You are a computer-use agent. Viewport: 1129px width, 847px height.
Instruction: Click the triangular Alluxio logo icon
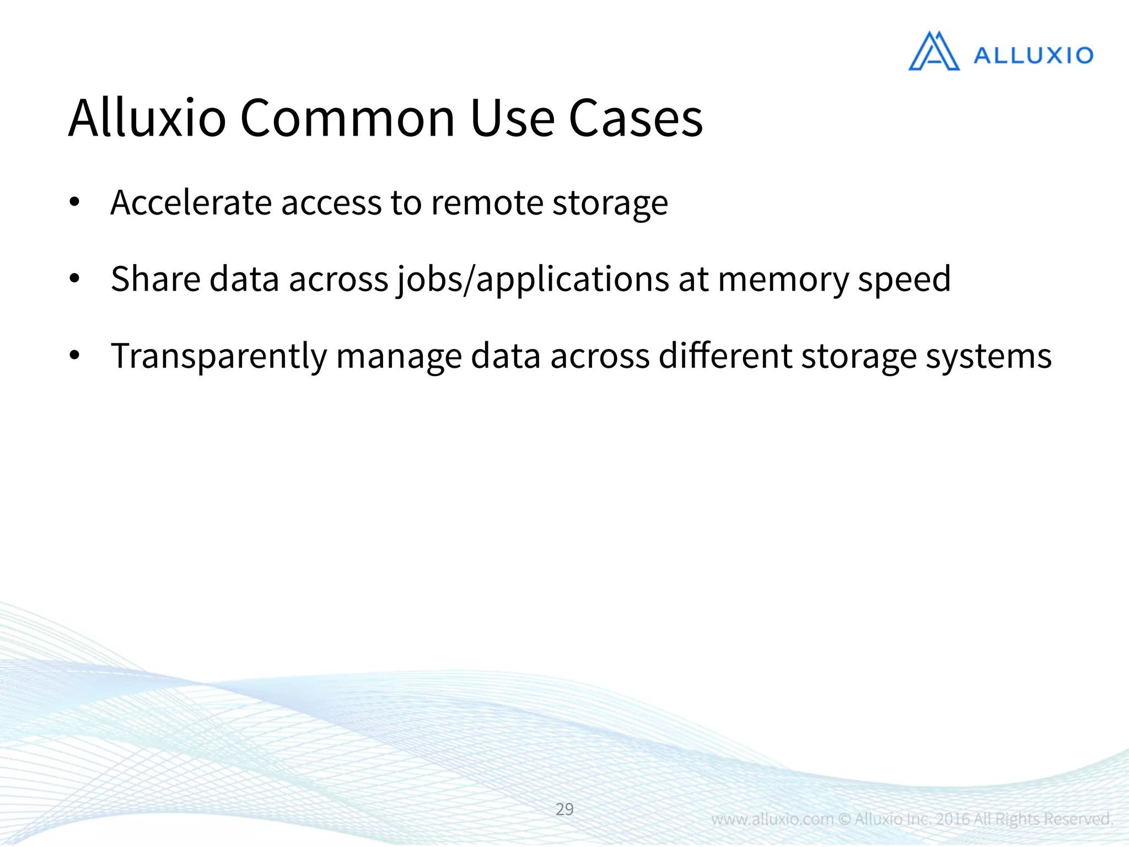[x=934, y=52]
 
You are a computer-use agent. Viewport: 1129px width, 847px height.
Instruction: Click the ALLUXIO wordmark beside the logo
[x=1033, y=56]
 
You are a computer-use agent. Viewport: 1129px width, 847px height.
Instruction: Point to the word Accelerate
[x=191, y=202]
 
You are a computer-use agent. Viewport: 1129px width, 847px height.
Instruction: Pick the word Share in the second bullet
[x=155, y=278]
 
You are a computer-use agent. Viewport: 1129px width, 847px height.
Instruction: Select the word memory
[x=783, y=280]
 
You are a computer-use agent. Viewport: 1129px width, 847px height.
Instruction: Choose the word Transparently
[x=219, y=356]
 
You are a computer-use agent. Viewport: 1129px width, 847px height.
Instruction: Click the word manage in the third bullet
[x=399, y=356]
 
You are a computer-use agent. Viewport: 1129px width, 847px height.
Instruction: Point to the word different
[x=725, y=356]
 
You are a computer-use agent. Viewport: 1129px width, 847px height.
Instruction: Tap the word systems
[x=988, y=356]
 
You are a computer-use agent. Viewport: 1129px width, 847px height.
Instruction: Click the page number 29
[x=564, y=809]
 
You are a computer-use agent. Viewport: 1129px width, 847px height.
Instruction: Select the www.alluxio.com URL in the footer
[x=772, y=819]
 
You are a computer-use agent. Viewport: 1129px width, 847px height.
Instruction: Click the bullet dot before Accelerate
[x=74, y=202]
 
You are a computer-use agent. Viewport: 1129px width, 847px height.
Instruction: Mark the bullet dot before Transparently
[x=74, y=356]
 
